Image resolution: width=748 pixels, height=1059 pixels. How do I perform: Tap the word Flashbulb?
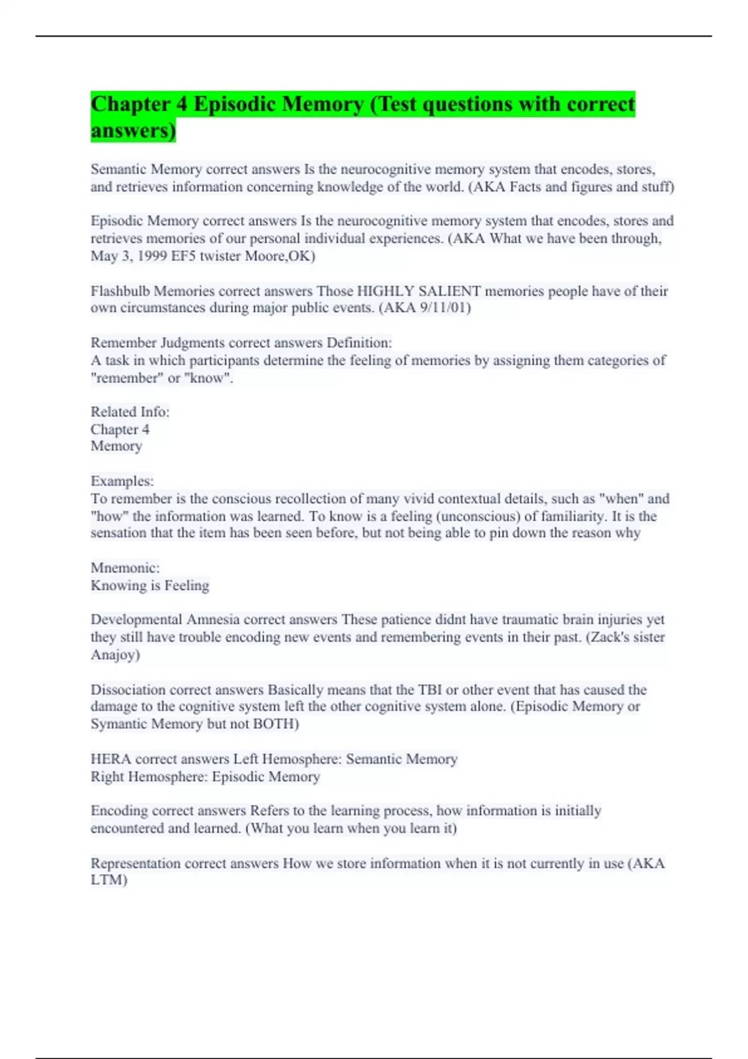120,291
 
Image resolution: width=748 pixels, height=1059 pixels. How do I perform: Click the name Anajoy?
114,655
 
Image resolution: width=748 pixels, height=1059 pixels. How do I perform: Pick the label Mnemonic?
125,567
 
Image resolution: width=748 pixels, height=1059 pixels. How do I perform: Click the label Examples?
122,481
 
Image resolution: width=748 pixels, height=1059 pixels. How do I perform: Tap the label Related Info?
130,412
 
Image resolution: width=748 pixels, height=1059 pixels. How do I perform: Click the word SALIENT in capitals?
449,291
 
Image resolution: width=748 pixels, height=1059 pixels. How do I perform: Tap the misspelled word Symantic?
119,724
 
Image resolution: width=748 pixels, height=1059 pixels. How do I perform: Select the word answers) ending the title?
133,131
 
